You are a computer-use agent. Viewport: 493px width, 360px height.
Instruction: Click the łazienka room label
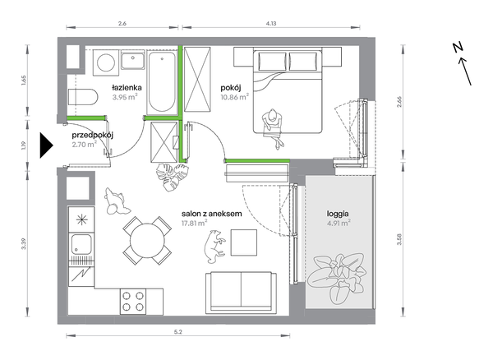point(127,87)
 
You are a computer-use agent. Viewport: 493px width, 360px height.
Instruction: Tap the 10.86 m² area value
point(235,97)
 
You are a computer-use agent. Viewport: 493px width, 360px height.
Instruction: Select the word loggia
point(338,214)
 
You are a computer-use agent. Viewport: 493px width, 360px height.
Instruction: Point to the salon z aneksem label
point(212,214)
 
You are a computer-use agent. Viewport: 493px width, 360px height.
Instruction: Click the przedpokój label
point(92,136)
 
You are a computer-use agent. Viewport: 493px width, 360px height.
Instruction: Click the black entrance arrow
point(47,145)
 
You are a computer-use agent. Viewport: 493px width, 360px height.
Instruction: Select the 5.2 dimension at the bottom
point(178,332)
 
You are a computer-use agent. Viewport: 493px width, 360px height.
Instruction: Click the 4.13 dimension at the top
point(271,23)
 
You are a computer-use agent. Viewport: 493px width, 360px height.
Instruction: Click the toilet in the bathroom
point(83,97)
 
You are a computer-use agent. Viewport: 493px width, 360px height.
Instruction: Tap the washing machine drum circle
point(106,62)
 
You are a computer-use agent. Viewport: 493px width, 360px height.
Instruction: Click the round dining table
point(147,240)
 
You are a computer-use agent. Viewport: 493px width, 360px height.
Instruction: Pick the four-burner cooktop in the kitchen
point(133,301)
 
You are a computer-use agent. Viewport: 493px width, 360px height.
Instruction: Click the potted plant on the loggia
point(337,276)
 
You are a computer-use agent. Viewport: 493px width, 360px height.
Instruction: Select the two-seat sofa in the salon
point(241,293)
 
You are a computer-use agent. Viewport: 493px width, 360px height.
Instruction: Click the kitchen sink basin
point(81,243)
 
